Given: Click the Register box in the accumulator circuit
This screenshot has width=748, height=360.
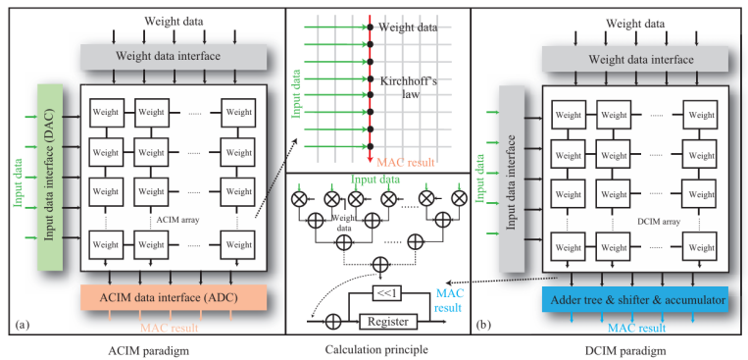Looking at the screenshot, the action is point(388,322).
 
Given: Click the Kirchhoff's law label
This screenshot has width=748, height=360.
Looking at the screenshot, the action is point(408,88).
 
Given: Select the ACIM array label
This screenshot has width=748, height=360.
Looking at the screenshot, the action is point(177,220).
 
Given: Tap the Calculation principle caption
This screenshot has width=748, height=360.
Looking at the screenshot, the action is point(376,349).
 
